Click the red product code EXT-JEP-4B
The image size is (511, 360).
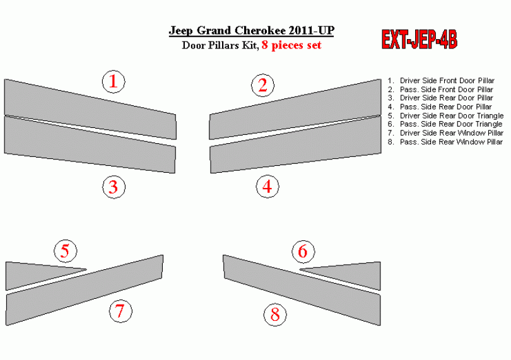pos(420,40)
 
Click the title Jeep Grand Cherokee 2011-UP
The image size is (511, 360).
pos(251,31)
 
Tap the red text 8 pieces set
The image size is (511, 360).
pos(291,45)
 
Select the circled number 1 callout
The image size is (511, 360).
pos(114,81)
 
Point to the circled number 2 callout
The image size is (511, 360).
pos(262,85)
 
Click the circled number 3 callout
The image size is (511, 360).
pos(114,187)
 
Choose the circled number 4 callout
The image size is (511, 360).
pos(267,187)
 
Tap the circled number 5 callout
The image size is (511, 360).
pos(65,251)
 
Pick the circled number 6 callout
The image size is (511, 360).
pos(303,251)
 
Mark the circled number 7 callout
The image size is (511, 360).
pos(120,311)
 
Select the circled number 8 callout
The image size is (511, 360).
pos(275,315)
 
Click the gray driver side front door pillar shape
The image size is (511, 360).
pos(90,109)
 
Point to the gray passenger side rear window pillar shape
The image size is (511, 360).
pos(302,290)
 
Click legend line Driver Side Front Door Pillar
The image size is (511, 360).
pos(441,81)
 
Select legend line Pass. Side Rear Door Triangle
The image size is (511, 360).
pos(445,124)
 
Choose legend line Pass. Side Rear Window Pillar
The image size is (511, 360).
pos(445,142)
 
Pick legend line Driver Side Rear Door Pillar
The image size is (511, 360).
pos(440,98)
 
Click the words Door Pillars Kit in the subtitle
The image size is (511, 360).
pos(220,45)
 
